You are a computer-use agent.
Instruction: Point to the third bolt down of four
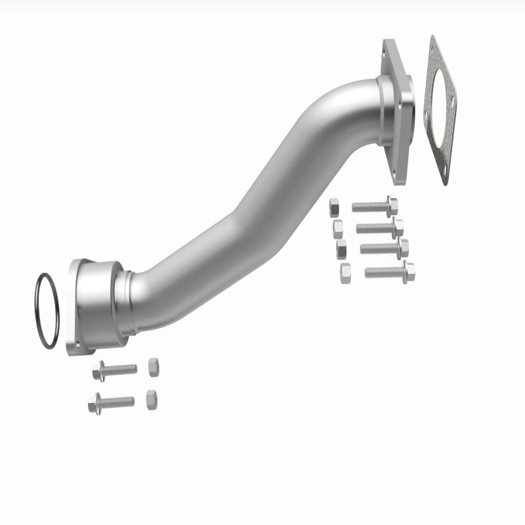pos(385,248)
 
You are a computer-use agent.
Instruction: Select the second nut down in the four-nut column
pos(338,228)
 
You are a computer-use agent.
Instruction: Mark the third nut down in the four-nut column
pos(341,248)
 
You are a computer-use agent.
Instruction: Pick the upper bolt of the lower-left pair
pos(114,369)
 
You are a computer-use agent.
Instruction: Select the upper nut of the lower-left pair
pos(152,367)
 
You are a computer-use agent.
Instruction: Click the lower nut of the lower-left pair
pos(150,398)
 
